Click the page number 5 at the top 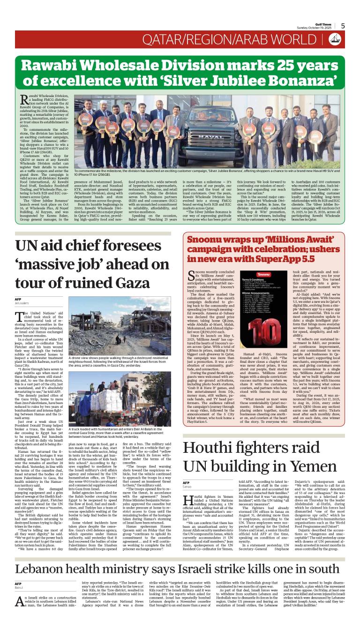[x=343, y=26]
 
